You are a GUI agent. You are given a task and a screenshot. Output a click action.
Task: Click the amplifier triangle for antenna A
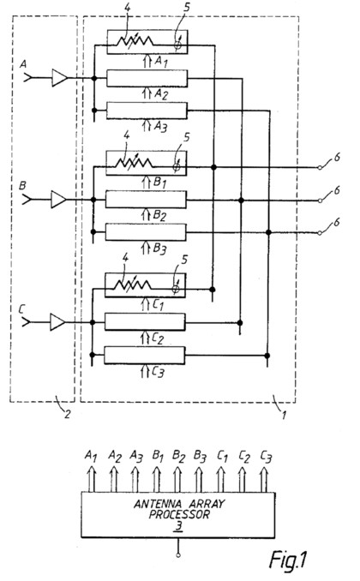[59, 78]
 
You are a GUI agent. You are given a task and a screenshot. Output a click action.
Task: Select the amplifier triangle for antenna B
[58, 200]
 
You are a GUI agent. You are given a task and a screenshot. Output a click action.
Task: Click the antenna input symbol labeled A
[27, 78]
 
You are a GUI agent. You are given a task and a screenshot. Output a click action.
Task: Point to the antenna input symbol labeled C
[26, 322]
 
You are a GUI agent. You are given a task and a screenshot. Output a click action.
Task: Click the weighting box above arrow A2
[147, 78]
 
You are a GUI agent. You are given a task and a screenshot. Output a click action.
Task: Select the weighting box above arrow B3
[146, 232]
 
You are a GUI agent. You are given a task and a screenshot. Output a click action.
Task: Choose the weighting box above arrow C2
[145, 322]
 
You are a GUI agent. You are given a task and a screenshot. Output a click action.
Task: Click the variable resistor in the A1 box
[135, 41]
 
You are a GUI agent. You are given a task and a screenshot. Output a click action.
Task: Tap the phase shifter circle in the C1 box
[176, 289]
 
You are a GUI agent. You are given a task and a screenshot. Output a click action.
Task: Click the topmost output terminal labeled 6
[320, 168]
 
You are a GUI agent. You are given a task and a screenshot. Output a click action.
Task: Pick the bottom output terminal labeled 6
[320, 233]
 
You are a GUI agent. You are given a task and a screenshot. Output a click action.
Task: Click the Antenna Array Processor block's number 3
[179, 526]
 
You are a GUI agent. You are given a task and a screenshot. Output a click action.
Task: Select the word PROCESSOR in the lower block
[179, 514]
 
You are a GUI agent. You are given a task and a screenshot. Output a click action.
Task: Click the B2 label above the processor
[178, 456]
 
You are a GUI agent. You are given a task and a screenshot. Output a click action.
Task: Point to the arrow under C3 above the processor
[264, 480]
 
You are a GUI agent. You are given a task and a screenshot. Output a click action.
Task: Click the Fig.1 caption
[288, 560]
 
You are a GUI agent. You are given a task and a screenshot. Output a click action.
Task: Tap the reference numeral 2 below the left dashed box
[67, 414]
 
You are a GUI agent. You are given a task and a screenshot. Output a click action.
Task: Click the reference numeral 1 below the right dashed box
[284, 415]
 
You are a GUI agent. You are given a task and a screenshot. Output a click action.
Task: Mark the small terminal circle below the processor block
[178, 554]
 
